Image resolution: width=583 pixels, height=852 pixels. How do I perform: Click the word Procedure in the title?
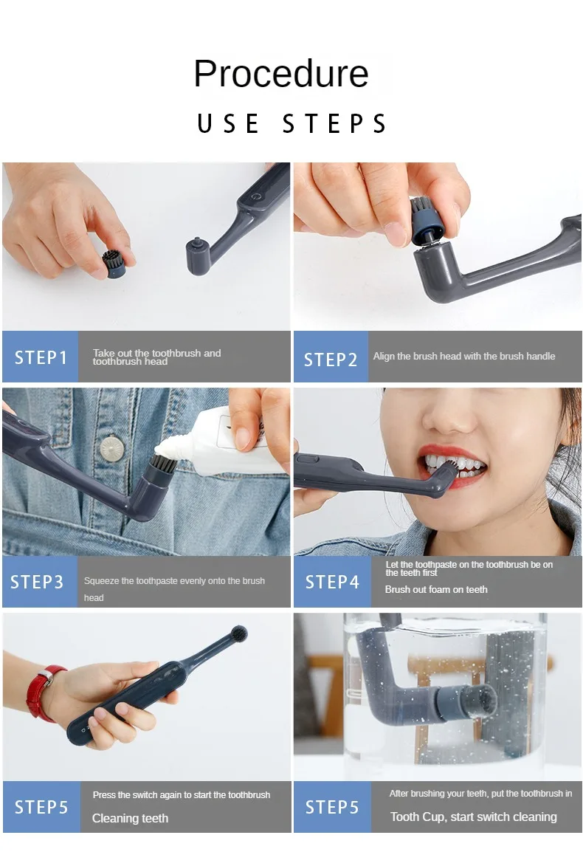(281, 74)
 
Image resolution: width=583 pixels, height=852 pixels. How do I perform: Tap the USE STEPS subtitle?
(291, 124)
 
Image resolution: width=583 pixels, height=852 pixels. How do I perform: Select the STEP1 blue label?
(41, 357)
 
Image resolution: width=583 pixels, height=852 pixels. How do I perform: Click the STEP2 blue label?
(331, 359)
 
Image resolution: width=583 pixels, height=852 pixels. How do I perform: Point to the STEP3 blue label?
(37, 582)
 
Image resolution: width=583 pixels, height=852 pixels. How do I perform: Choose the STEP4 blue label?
(332, 582)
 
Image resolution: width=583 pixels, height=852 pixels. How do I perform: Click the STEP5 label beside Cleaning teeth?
(41, 807)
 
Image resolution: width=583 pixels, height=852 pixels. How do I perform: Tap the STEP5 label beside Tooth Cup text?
(332, 807)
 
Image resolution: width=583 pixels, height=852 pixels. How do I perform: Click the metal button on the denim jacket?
(112, 446)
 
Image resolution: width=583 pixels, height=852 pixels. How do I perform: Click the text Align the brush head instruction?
(463, 356)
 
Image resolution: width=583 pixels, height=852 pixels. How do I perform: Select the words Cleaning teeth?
(130, 818)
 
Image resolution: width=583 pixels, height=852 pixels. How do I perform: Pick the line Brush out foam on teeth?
(436, 589)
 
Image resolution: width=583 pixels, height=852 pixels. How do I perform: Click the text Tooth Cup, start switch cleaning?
(473, 817)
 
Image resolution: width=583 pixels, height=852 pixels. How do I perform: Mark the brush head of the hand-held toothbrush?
(238, 634)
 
